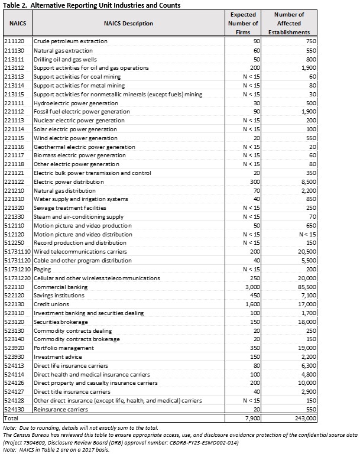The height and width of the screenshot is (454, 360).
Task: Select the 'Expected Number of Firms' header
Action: point(243,24)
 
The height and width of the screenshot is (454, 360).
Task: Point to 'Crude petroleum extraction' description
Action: point(70,41)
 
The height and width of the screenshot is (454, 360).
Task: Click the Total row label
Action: point(11,418)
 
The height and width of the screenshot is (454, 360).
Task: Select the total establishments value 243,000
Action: point(303,418)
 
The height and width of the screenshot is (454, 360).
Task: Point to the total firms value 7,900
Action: point(251,418)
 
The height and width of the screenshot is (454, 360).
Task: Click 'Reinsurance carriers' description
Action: point(62,409)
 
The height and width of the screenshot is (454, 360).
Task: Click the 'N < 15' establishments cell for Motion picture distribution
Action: point(307,234)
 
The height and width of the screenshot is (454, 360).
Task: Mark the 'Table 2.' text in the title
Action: point(15,5)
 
